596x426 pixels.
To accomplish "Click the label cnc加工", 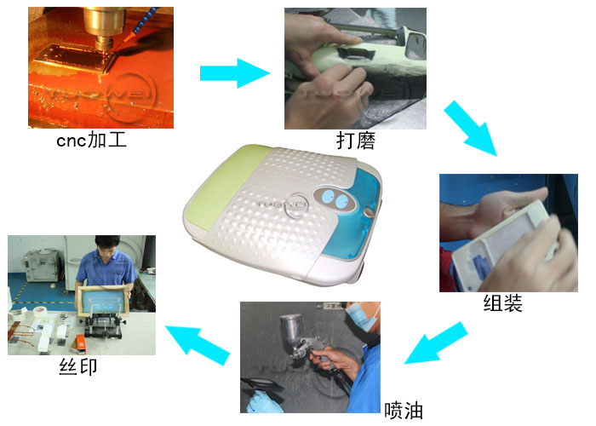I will (x=91, y=141).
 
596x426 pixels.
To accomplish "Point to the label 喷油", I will (x=404, y=410).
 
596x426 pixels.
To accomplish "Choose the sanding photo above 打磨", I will (x=355, y=68).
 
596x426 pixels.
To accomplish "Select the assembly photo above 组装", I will (x=508, y=232).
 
